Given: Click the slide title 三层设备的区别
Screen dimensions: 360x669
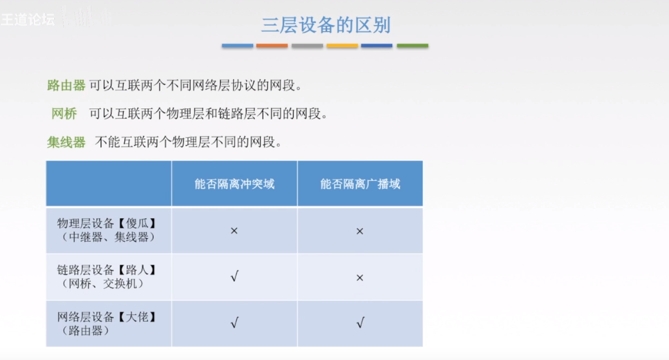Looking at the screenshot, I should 325,25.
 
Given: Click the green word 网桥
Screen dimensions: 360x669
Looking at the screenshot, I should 64,114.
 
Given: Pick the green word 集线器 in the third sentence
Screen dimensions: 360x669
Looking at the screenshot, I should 66,142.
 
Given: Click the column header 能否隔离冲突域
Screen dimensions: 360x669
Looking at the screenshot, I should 234,184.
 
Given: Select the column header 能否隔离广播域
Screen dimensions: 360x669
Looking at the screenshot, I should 360,184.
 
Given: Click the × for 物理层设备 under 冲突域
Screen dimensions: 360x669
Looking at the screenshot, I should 234,231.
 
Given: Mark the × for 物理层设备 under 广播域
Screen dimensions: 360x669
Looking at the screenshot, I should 360,231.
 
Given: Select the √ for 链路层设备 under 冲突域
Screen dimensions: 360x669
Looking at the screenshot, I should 234,278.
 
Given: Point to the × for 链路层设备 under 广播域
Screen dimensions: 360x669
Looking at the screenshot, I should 360,278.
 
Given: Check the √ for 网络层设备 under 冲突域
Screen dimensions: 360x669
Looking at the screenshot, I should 234,323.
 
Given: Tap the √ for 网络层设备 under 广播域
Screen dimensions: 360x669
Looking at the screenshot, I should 360,323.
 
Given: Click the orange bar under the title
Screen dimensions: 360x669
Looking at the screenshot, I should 272,46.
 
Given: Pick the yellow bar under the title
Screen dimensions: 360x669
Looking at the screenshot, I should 342,46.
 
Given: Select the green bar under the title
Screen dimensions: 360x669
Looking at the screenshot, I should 412,46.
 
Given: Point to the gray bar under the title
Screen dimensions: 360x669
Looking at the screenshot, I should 307,46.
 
